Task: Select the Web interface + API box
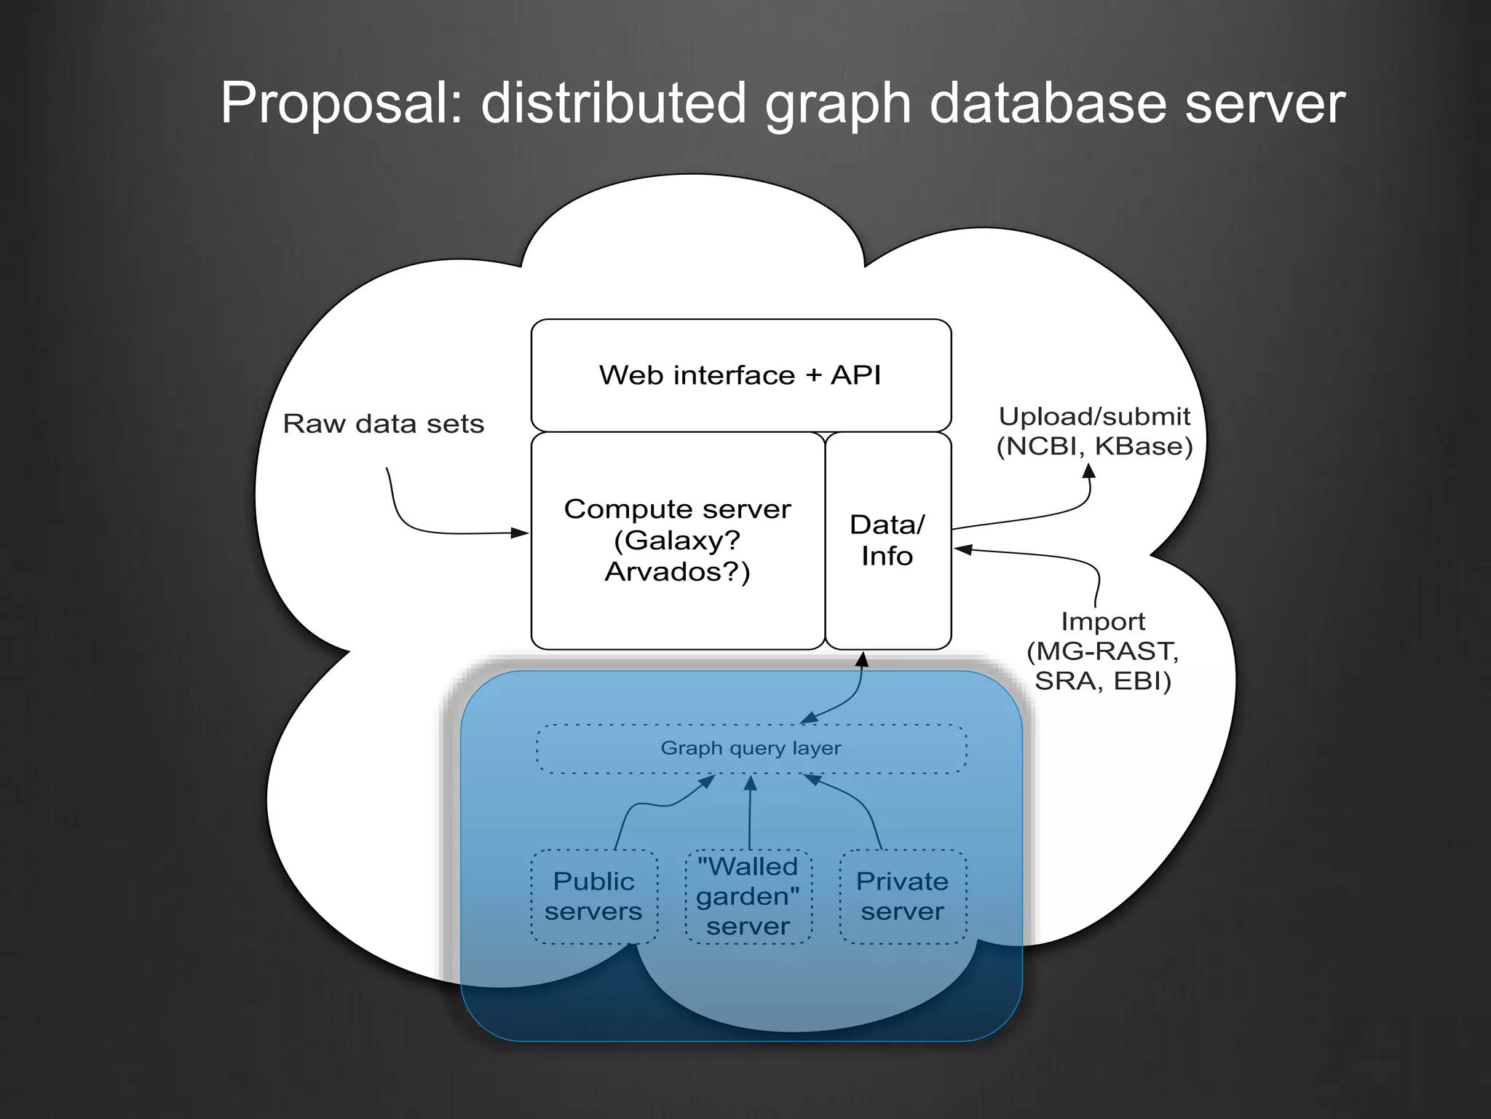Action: click(x=740, y=375)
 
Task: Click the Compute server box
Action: click(x=677, y=540)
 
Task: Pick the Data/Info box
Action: click(x=887, y=540)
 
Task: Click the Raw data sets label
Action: click(x=383, y=424)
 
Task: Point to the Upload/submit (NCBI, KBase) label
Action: click(x=1093, y=431)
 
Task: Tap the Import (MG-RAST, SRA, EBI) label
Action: click(x=1102, y=651)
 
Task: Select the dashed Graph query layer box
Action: click(x=751, y=748)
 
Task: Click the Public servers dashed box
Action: click(x=593, y=896)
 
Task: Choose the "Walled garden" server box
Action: click(x=748, y=896)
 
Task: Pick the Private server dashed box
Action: click(x=903, y=896)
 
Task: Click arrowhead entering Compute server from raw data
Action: click(x=520, y=533)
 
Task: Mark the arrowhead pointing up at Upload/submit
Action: click(x=1089, y=471)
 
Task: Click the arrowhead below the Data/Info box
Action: click(x=862, y=660)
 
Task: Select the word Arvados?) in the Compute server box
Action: click(x=677, y=572)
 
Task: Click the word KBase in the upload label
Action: click(x=1143, y=446)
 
